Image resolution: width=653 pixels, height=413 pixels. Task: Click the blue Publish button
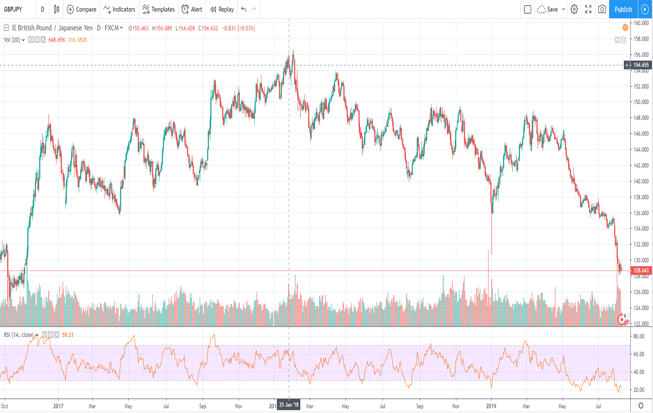(623, 9)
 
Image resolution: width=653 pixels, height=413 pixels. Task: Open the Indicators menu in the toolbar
(119, 9)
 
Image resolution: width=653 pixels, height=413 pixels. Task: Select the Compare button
(82, 9)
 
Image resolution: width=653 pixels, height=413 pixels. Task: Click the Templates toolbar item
(158, 9)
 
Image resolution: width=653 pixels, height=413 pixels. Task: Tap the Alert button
(192, 9)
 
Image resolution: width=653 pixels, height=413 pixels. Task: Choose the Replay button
(222, 9)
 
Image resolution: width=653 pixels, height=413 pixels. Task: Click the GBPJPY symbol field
(13, 9)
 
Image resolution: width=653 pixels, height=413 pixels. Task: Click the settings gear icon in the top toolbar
(574, 9)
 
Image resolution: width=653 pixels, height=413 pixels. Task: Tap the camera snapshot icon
(602, 9)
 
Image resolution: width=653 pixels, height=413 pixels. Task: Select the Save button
(551, 9)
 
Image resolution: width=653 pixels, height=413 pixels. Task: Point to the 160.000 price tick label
(641, 23)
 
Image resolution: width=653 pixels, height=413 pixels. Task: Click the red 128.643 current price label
(641, 271)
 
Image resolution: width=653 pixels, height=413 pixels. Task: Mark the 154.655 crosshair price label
(641, 65)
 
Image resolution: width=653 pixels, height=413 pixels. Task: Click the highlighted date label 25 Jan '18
(289, 405)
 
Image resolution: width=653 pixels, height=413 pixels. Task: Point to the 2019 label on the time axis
(491, 406)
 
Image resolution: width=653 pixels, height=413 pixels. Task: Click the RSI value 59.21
(68, 335)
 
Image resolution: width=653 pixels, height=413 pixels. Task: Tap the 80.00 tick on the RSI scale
(639, 337)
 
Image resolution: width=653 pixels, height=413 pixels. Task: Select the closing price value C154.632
(208, 29)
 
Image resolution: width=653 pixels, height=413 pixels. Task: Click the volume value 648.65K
(56, 40)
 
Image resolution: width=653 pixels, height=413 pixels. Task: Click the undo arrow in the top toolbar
(244, 9)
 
